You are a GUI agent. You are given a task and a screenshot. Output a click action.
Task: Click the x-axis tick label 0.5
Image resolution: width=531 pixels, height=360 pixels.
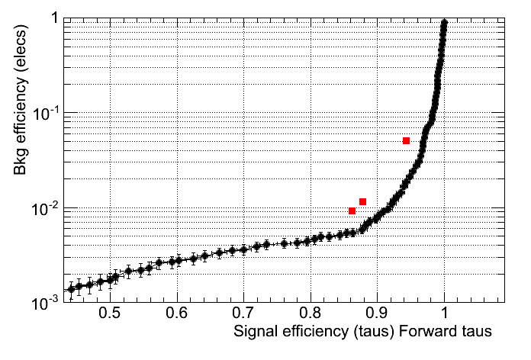(x=110, y=313)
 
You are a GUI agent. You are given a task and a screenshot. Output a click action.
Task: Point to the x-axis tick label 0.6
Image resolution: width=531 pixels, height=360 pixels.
(x=177, y=313)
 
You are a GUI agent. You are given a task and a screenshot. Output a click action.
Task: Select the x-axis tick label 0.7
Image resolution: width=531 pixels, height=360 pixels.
(x=244, y=313)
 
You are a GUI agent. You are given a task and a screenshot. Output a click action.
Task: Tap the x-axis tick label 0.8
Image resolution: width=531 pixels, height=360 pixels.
(x=311, y=313)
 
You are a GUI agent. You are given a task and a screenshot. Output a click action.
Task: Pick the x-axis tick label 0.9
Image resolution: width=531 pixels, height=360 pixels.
(x=378, y=313)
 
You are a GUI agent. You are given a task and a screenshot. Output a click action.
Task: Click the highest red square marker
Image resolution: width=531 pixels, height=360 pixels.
(x=407, y=140)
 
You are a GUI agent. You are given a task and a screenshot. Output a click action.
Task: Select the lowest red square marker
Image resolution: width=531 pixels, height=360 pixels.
(x=352, y=211)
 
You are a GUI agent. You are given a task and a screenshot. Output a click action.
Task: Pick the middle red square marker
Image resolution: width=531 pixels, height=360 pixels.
(x=363, y=201)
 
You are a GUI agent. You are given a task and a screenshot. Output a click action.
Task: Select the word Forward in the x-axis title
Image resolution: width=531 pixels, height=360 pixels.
(x=431, y=332)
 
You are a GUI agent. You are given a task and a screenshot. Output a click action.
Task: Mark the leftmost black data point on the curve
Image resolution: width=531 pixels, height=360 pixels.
(x=71, y=289)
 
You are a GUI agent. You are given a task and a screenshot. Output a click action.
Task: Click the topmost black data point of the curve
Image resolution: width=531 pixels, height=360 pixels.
(x=445, y=23)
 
